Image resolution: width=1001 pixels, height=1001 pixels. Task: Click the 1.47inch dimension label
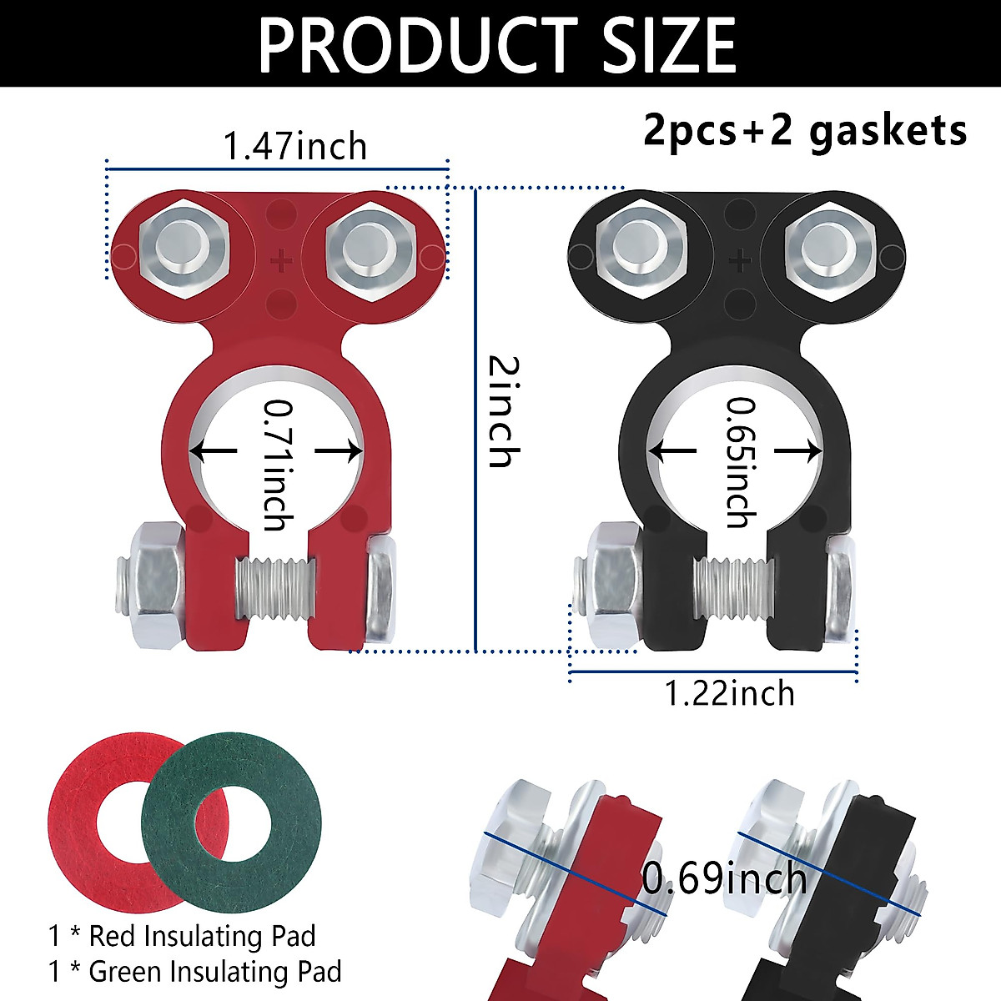[x=294, y=147]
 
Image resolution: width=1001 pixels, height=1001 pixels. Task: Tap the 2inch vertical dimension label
[x=503, y=411]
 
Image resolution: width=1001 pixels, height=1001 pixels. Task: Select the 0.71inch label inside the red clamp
[x=277, y=464]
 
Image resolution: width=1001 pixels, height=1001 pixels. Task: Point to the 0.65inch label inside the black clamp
[x=738, y=461]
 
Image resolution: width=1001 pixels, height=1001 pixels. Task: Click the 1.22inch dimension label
[x=729, y=694]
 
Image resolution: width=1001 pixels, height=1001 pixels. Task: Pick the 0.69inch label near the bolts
[x=724, y=878]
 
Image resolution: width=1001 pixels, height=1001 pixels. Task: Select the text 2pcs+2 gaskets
[x=804, y=131]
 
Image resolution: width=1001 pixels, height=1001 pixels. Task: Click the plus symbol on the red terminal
[x=281, y=261]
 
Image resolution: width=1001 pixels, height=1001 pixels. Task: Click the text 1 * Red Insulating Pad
[x=182, y=936]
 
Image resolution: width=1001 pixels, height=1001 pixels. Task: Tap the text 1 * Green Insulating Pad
[x=194, y=972]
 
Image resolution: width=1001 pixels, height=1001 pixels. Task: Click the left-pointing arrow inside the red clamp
[x=214, y=451]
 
